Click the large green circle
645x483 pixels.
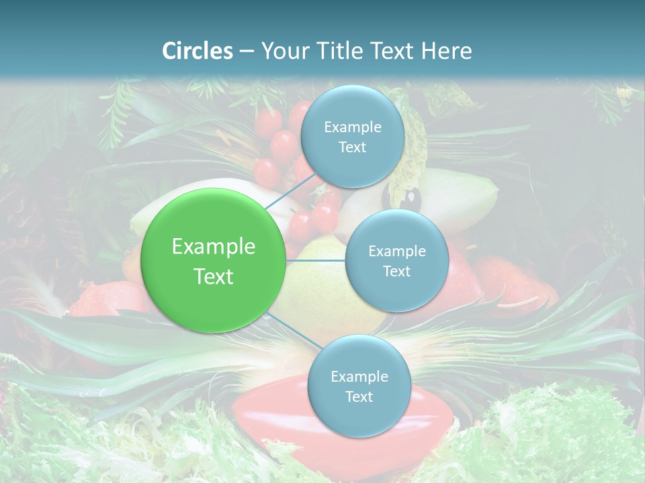click(x=213, y=260)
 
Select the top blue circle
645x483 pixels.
click(x=352, y=137)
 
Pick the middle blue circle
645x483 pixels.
click(x=396, y=260)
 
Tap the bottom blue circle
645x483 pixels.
click(x=359, y=386)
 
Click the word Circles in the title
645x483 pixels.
click(x=198, y=51)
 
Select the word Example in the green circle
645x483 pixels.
click(x=214, y=247)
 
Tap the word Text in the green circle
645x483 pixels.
click(x=214, y=276)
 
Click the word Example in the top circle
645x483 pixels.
click(x=353, y=127)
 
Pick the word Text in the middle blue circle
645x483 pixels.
click(x=396, y=271)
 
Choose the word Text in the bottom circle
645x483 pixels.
click(x=359, y=396)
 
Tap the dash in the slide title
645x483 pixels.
click(x=247, y=52)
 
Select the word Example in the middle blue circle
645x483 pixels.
click(x=397, y=252)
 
